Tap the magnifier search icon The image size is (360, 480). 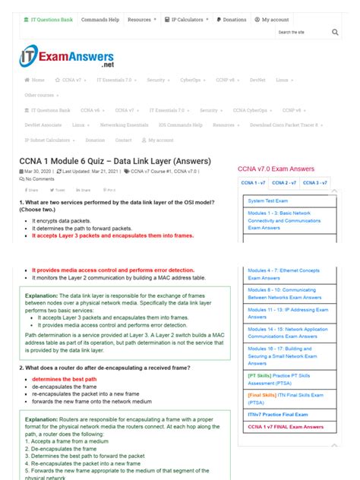click(x=336, y=33)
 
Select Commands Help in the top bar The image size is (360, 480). click(x=99, y=19)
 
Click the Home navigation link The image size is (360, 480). click(x=35, y=80)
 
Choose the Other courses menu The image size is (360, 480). click(x=42, y=95)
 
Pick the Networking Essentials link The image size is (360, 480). click(x=125, y=125)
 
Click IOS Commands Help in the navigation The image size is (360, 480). click(x=181, y=125)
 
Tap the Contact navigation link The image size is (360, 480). click(x=123, y=140)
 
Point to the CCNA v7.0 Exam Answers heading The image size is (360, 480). click(x=276, y=169)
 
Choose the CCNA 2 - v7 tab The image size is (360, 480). click(x=284, y=183)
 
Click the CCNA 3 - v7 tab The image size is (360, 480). click(x=314, y=183)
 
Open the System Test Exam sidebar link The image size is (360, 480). click(x=267, y=201)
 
